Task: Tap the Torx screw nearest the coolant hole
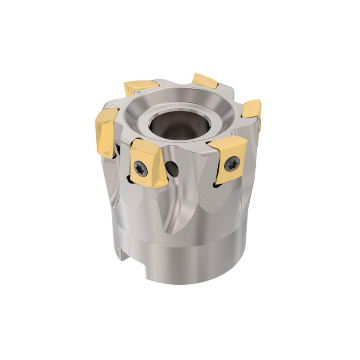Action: [139, 168]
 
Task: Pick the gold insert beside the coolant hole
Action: [146, 164]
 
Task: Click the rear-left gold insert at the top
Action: [140, 87]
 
